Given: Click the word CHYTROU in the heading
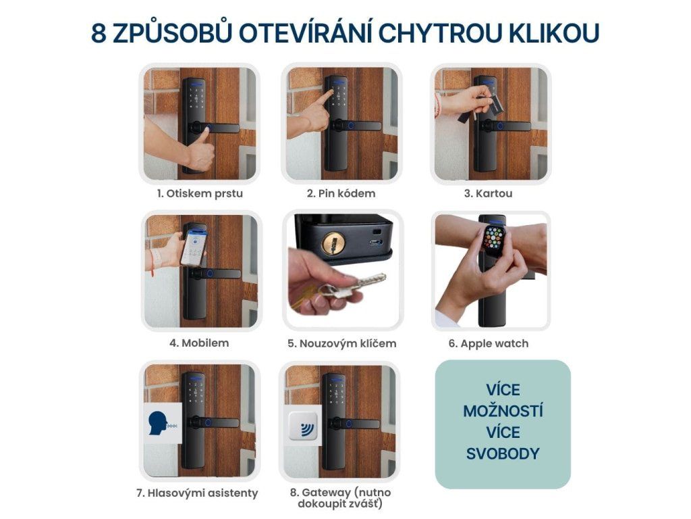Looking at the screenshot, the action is pos(440,33).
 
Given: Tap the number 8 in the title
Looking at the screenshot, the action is pos(99,33).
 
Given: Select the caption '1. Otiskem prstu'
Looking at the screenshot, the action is pos(200,193).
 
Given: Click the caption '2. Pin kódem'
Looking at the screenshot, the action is pos(341,193).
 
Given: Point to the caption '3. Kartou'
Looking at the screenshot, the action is pos(489,193).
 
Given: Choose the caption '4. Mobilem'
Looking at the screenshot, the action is pos(199,343).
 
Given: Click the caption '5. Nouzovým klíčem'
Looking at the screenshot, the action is pos(342,343).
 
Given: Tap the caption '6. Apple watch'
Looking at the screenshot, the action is pos(489,343).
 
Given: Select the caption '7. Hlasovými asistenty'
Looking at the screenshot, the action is pos(197,493).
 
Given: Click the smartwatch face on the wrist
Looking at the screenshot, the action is pos(495,238).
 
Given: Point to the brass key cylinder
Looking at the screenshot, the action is pos(333,243).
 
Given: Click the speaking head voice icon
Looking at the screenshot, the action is pos(159,423).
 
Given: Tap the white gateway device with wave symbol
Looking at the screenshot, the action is pos(304,427).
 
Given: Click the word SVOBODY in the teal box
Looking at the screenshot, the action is pos(503,453).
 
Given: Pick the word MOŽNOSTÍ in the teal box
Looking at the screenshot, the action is pos(503,412).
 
